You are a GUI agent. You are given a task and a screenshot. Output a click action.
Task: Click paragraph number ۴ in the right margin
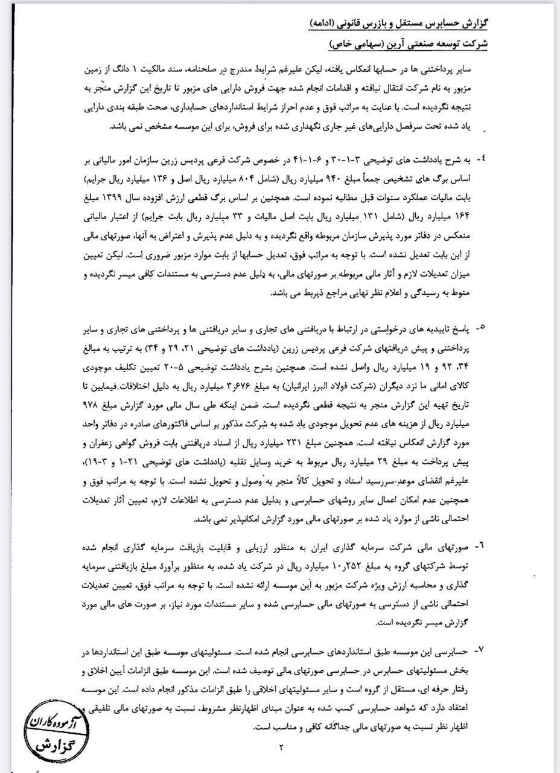click(x=480, y=159)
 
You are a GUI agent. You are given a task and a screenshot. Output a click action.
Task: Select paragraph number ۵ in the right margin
click(x=480, y=327)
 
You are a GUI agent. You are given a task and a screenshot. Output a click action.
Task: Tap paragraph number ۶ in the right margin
click(x=480, y=545)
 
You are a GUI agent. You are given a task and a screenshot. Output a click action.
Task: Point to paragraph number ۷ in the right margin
click(x=480, y=650)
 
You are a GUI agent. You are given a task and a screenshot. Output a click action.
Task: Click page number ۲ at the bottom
click(x=281, y=748)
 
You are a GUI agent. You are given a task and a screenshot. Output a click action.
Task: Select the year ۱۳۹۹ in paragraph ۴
click(x=119, y=197)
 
